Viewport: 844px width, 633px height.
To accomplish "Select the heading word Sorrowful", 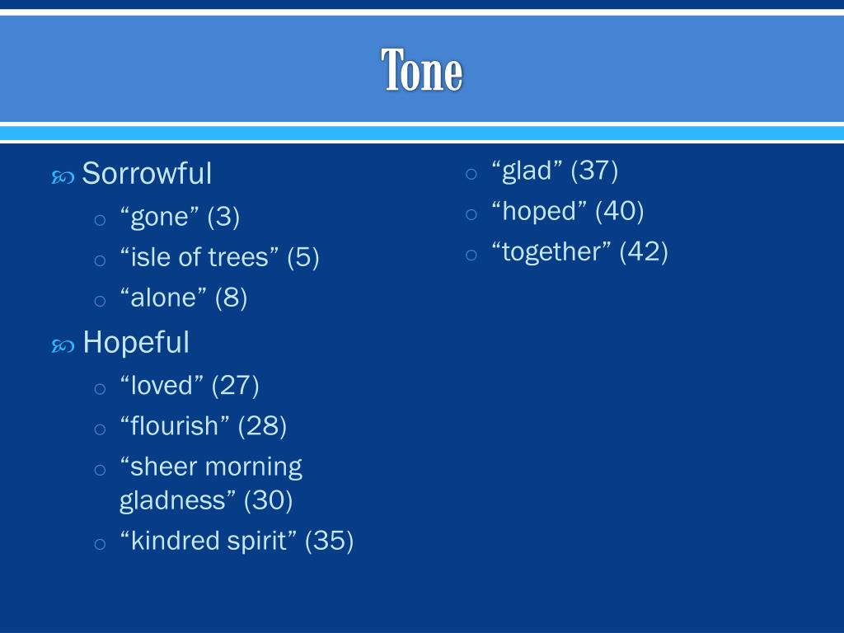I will [147, 174].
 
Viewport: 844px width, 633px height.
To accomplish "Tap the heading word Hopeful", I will [136, 342].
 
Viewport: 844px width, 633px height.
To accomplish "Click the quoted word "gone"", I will [160, 217].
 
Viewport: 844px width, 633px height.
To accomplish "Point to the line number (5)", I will [302, 257].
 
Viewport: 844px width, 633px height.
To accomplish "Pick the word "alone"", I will [163, 298].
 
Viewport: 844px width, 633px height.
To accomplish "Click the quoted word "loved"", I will [162, 385].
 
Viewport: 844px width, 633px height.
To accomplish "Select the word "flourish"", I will [175, 426].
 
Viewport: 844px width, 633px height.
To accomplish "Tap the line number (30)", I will [269, 499].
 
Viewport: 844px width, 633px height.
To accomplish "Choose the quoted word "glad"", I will [527, 171].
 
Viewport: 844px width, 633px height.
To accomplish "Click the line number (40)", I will [619, 211].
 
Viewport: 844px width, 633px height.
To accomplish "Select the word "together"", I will [551, 251].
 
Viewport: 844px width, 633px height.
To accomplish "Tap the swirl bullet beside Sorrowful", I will [63, 176].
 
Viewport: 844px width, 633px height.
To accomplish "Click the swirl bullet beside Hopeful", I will [63, 345].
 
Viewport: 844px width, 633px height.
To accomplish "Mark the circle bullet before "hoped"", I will [471, 213].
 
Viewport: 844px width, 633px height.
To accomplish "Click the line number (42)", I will [644, 251].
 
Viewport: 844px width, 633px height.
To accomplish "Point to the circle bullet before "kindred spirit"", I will [100, 543].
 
